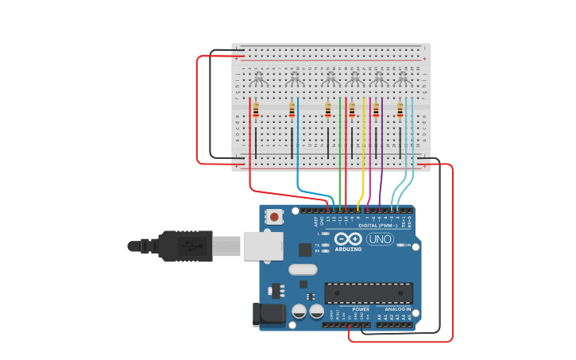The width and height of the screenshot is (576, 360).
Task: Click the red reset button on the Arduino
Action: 274,216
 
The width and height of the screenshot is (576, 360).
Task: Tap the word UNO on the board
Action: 380,239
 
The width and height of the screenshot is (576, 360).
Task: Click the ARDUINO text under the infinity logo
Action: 348,249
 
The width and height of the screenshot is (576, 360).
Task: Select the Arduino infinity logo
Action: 348,238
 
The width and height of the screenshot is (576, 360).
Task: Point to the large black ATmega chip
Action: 369,292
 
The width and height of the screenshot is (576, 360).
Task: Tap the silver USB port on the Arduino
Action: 263,246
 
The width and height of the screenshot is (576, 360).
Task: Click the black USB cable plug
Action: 187,246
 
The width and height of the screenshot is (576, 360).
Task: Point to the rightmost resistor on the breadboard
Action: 400,110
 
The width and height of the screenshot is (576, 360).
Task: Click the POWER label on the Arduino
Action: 361,309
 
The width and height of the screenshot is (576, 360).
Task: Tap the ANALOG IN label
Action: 394,309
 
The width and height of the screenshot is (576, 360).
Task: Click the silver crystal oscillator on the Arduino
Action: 303,269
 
